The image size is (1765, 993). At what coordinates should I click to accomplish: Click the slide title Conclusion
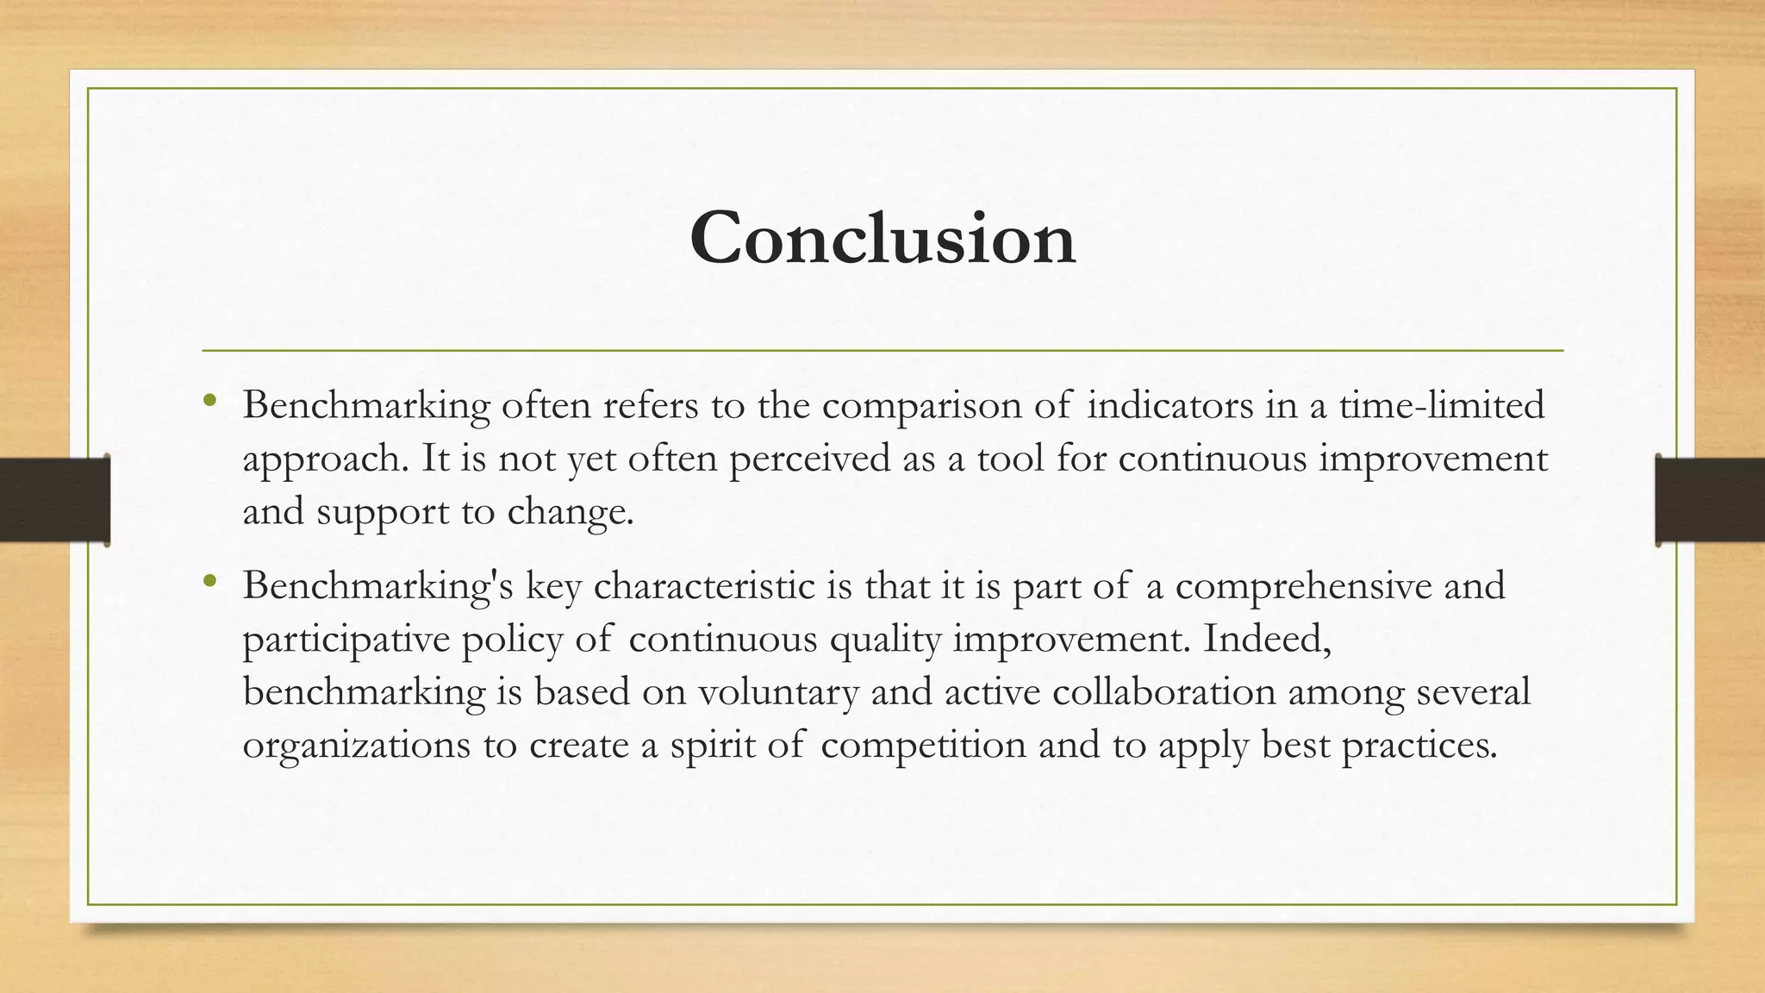tap(882, 238)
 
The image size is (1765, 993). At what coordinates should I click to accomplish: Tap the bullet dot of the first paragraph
tap(209, 401)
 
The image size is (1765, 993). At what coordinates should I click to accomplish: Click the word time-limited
tap(1441, 405)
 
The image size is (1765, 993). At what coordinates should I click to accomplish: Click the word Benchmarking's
tap(377, 586)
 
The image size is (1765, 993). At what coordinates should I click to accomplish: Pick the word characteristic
tap(704, 586)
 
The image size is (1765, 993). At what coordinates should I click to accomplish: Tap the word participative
tap(346, 640)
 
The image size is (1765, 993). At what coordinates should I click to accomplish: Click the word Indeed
tap(1267, 640)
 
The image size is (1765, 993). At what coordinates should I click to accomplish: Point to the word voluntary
tap(778, 692)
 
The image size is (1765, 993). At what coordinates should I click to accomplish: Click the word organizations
tap(356, 746)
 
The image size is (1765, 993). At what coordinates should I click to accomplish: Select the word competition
tap(923, 746)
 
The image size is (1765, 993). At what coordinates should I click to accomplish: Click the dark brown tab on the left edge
tap(54, 500)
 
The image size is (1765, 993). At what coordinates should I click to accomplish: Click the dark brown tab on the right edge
tap(1710, 500)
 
